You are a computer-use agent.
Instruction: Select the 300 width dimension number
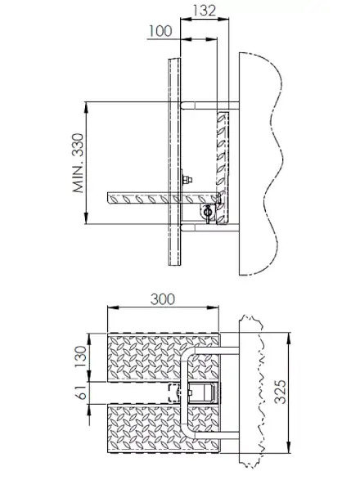(164, 299)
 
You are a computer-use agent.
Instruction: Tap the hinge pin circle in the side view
(208, 211)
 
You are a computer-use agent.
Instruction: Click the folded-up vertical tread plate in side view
(223, 155)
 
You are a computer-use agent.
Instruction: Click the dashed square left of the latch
(173, 393)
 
